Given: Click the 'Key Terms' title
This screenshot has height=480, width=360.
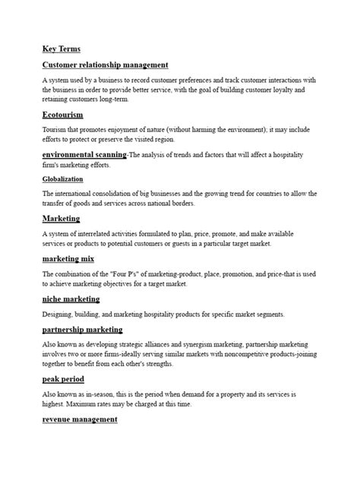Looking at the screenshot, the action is [x=62, y=49].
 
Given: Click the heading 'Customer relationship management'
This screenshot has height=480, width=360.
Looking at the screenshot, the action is [x=105, y=65].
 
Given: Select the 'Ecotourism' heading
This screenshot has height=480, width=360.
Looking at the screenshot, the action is [x=63, y=115].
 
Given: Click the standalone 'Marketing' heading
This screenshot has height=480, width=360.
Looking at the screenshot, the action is [x=62, y=219].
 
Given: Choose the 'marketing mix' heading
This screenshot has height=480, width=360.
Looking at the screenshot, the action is [x=68, y=259].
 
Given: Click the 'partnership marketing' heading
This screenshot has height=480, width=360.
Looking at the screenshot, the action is [x=82, y=330].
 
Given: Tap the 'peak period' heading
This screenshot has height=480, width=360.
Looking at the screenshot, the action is [x=63, y=379].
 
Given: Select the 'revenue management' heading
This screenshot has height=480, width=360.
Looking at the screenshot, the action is [x=80, y=419].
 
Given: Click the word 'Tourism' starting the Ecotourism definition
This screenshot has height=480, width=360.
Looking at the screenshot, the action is [x=55, y=130].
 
